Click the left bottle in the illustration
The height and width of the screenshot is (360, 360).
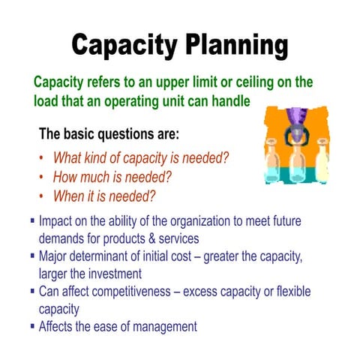coord(276,161)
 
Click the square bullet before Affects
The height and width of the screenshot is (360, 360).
coord(32,325)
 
